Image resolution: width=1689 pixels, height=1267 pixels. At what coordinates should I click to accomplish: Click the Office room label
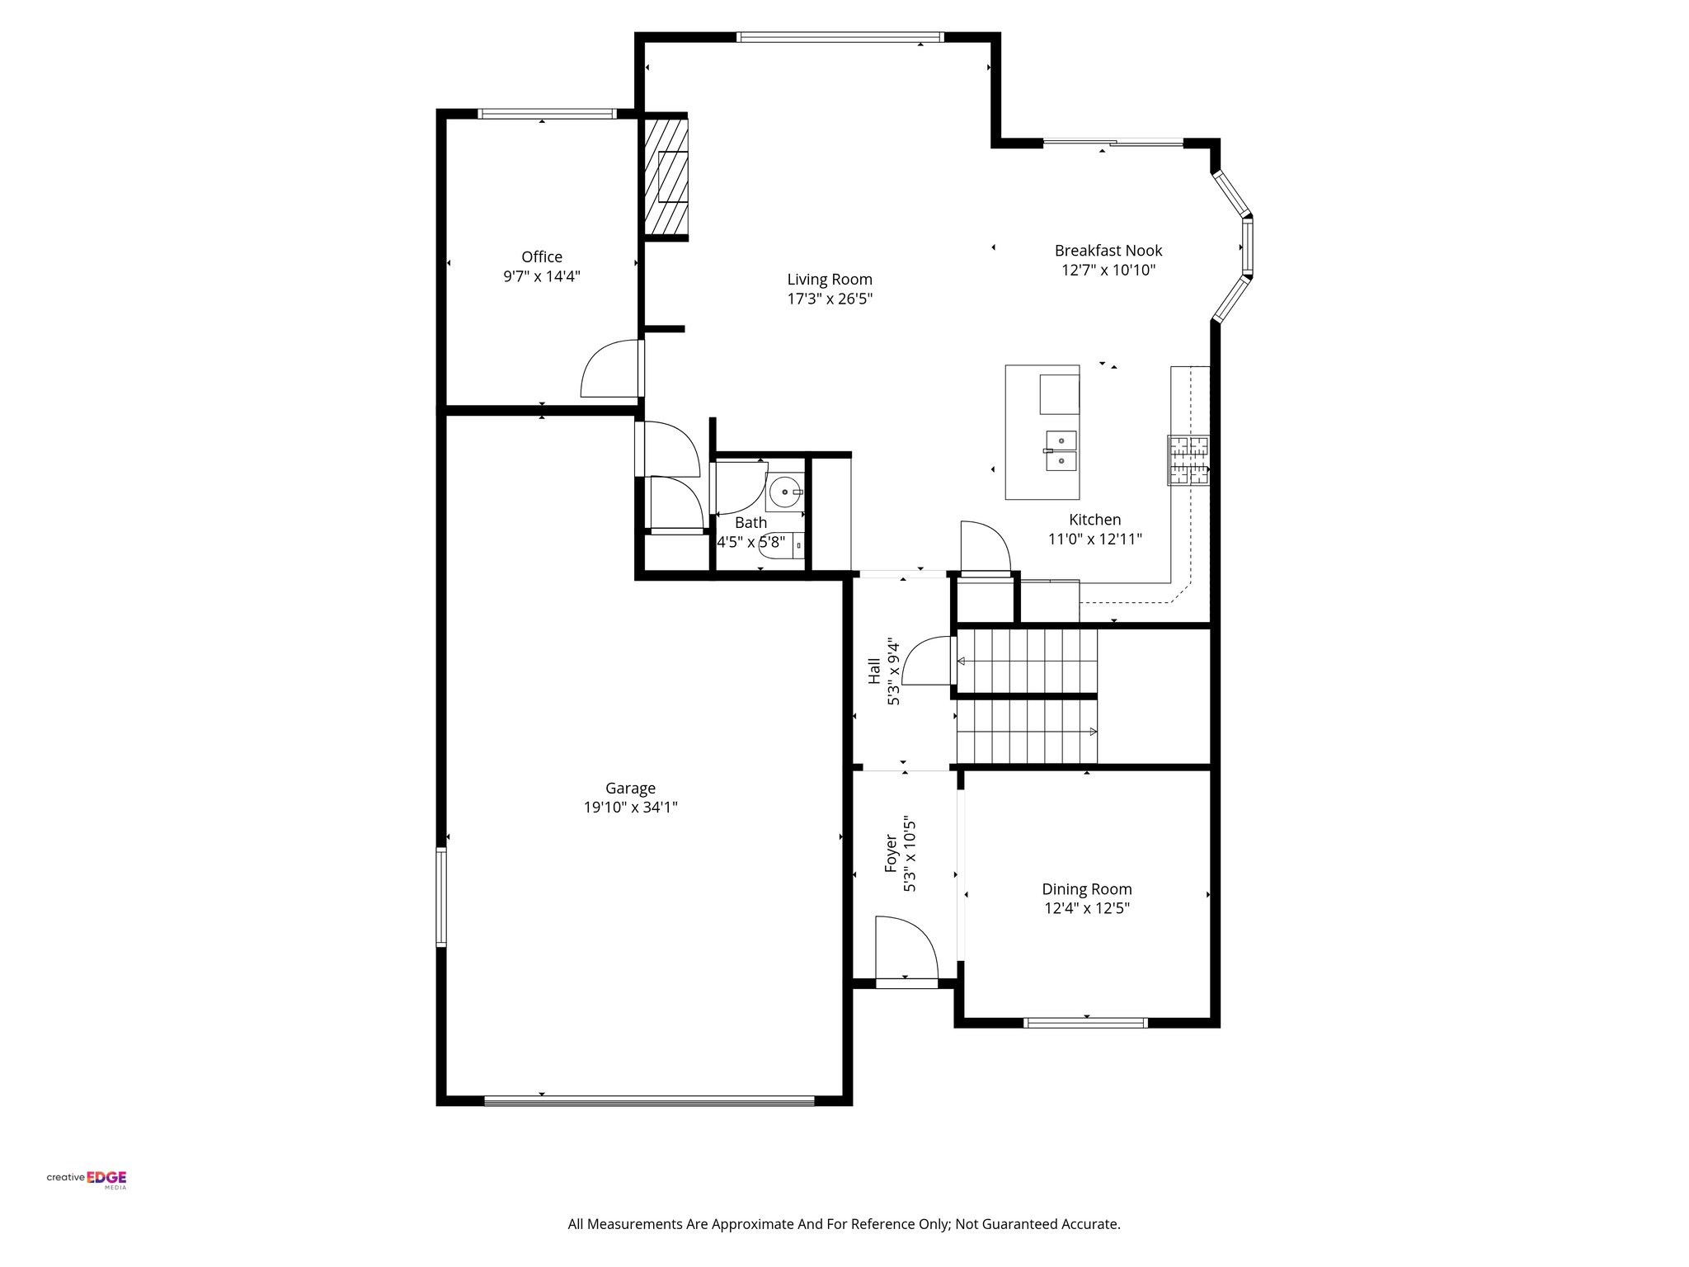(x=542, y=257)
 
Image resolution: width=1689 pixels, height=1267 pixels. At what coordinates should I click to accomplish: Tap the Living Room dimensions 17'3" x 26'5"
(x=829, y=299)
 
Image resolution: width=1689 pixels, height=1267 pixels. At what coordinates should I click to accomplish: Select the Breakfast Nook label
(x=1108, y=251)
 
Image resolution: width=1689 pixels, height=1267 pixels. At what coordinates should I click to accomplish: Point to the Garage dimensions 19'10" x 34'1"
(x=630, y=808)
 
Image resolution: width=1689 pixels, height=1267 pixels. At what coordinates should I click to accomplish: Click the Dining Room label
(x=1086, y=889)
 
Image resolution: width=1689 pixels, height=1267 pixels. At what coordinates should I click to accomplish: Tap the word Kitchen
(x=1094, y=520)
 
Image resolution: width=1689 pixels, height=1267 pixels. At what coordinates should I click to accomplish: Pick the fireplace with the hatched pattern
(x=666, y=177)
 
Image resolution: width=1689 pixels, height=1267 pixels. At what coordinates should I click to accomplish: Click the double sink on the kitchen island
(x=1062, y=450)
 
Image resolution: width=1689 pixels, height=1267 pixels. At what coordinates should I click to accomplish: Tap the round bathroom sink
(x=782, y=492)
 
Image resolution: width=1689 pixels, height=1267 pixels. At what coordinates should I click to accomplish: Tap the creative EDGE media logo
(x=87, y=1177)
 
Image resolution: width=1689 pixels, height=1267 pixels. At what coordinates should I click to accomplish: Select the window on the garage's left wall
(x=441, y=897)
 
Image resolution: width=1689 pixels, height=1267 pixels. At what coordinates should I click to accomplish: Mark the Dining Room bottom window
(x=1085, y=1023)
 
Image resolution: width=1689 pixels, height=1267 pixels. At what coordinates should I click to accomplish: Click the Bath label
(x=750, y=522)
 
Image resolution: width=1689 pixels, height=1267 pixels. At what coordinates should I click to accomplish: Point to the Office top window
(x=547, y=114)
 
